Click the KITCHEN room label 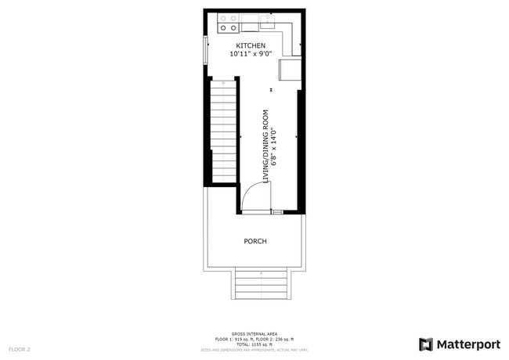point(251,46)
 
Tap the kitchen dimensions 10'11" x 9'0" point(251,55)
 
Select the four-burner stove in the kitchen point(228,23)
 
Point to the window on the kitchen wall point(207,51)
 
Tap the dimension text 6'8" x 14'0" point(275,146)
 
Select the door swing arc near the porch point(252,197)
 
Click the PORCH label point(255,241)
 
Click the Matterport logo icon point(426,344)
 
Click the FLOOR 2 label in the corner point(20,348)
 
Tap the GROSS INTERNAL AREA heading point(254,333)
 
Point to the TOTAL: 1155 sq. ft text point(254,344)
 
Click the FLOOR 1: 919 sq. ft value point(233,339)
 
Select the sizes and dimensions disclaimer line point(254,349)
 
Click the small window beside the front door point(276,212)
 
